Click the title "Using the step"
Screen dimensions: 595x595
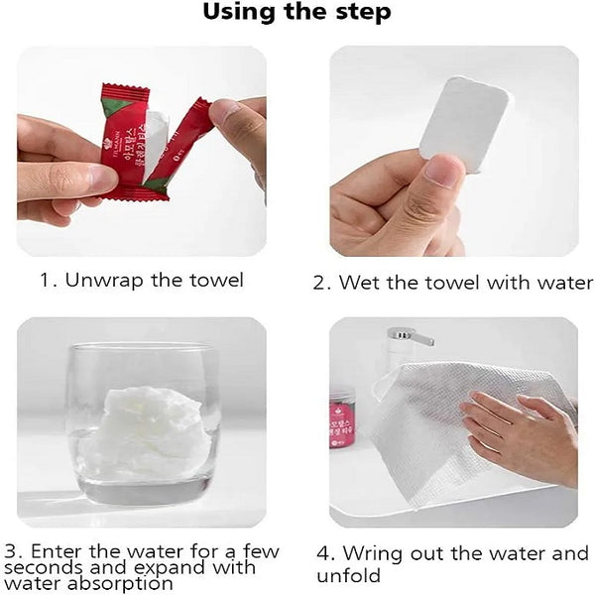click(x=297, y=13)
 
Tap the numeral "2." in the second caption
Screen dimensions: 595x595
click(x=323, y=283)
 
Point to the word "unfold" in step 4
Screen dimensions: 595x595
click(x=349, y=575)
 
